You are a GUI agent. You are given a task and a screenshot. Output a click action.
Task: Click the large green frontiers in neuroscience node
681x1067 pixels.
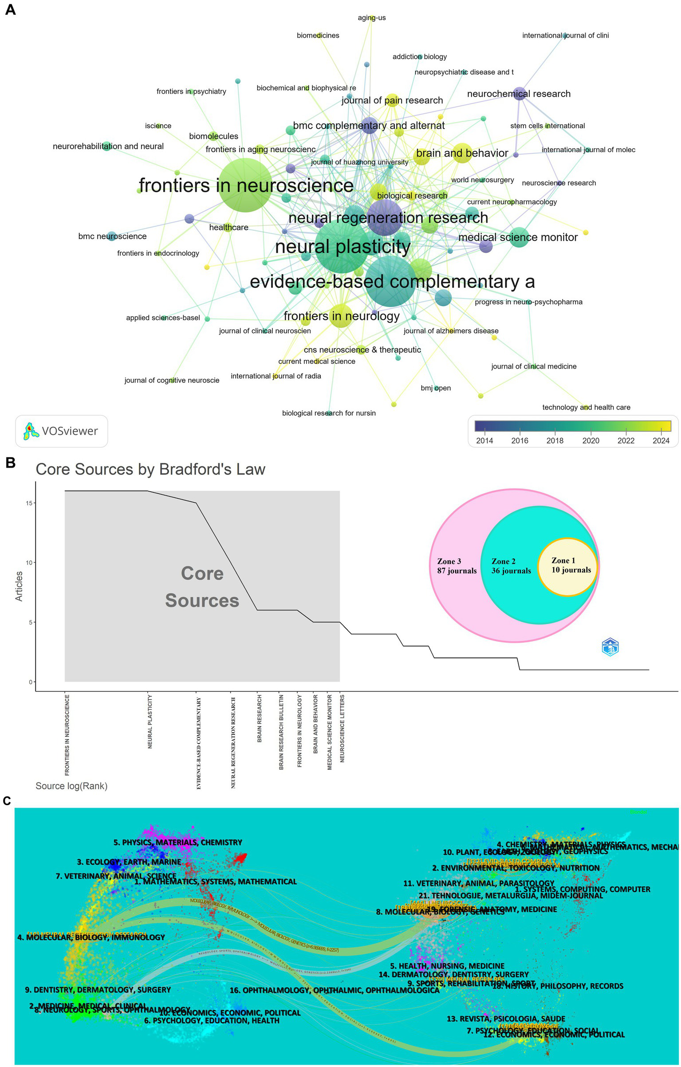pyautogui.click(x=245, y=185)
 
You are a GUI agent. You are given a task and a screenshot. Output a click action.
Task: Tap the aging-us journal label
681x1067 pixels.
pyautogui.click(x=371, y=18)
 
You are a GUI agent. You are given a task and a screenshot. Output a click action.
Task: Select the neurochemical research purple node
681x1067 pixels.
pyautogui.click(x=519, y=94)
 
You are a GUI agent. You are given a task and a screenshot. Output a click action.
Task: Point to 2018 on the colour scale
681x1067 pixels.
pyautogui.click(x=555, y=441)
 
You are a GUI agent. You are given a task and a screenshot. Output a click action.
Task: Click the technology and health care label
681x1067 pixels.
pyautogui.click(x=586, y=407)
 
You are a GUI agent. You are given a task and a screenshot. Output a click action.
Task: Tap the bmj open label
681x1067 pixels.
pyautogui.click(x=435, y=388)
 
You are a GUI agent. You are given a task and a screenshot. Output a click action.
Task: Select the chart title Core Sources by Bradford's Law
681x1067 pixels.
pyautogui.click(x=150, y=469)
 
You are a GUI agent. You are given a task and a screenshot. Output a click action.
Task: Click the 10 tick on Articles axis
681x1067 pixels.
pyautogui.click(x=30, y=563)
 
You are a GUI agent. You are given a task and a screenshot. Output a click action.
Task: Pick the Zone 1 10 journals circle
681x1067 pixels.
pyautogui.click(x=567, y=567)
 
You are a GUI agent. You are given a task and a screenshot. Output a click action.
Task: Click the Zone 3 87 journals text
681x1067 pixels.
pyautogui.click(x=457, y=566)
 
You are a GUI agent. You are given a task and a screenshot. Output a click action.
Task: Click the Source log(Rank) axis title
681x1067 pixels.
pyautogui.click(x=71, y=786)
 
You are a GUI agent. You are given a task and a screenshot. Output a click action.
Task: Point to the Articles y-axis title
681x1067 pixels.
pyautogui.click(x=19, y=586)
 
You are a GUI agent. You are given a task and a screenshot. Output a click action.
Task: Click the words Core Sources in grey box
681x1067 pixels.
pyautogui.click(x=202, y=587)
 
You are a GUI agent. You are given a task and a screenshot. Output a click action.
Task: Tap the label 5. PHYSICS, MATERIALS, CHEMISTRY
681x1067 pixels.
pyautogui.click(x=177, y=842)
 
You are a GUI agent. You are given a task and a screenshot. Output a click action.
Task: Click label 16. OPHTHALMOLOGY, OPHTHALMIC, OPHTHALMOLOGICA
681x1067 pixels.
pyautogui.click(x=334, y=990)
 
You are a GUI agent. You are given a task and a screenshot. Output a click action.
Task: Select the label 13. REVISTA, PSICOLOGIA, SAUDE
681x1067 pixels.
pyautogui.click(x=506, y=1019)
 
